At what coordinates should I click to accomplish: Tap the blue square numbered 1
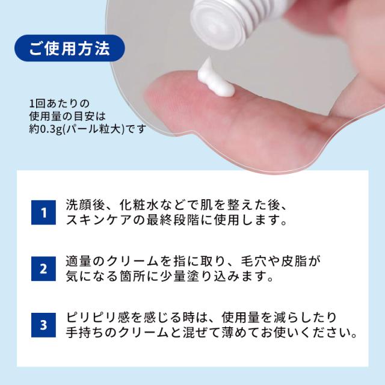pyautogui.click(x=43, y=212)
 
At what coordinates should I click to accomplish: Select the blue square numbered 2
pyautogui.click(x=43, y=269)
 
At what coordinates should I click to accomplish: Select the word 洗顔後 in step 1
pyautogui.click(x=85, y=205)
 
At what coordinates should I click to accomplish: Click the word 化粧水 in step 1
pyautogui.click(x=137, y=205)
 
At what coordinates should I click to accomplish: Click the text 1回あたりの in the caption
pyautogui.click(x=58, y=103)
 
